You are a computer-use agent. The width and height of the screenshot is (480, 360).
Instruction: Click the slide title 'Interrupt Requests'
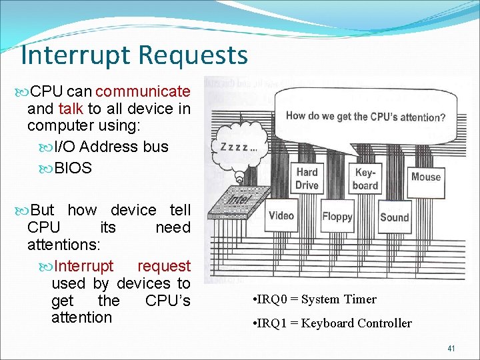[134, 55]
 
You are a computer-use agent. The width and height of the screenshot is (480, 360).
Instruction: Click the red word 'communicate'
[143, 91]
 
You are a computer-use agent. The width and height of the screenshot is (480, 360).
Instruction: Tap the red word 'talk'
[71, 108]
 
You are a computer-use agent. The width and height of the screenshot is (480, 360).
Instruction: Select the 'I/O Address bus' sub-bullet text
[111, 147]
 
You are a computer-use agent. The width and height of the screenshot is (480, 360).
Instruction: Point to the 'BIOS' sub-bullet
[73, 168]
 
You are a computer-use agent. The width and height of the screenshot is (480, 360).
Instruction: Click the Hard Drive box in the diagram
[307, 179]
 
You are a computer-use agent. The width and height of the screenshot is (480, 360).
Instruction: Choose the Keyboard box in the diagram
[365, 179]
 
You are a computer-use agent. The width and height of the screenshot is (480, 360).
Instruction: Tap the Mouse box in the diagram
[426, 177]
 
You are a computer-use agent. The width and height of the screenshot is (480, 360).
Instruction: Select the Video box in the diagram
[281, 215]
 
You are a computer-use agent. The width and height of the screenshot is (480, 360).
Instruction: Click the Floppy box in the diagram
[337, 216]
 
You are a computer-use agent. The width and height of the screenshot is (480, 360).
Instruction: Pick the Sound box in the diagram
[394, 217]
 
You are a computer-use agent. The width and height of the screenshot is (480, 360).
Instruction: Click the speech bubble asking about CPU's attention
[365, 117]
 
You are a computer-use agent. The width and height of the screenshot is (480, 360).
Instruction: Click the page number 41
[451, 347]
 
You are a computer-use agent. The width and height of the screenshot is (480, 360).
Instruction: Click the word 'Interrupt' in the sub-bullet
[84, 266]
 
